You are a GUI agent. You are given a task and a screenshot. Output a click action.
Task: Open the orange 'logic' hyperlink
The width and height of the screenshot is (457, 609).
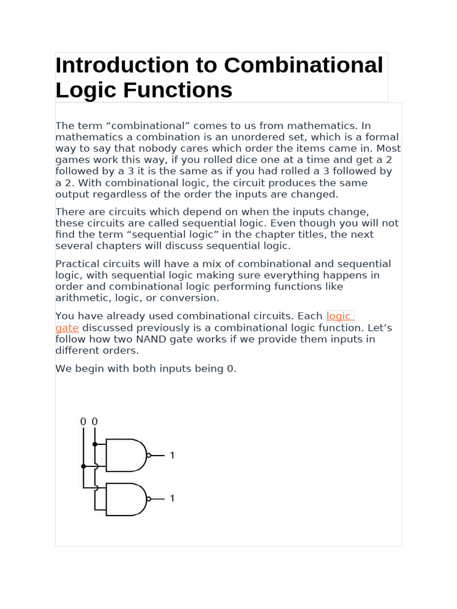[x=339, y=316]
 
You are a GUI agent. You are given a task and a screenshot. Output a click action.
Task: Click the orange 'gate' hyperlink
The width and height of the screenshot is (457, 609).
[x=67, y=328]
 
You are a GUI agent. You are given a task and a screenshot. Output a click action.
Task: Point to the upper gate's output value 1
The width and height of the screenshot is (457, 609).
[x=172, y=456]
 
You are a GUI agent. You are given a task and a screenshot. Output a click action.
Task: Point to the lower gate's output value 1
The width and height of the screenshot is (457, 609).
[x=172, y=498]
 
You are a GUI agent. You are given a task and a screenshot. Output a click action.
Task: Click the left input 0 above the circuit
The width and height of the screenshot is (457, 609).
[x=83, y=422]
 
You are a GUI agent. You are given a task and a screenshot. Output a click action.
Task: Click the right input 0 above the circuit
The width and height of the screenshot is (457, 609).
[x=95, y=422]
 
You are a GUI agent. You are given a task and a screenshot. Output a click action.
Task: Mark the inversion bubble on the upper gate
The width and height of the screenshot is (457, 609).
[x=149, y=456]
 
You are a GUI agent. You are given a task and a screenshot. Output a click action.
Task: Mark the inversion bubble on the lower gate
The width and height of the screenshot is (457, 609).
[x=149, y=498]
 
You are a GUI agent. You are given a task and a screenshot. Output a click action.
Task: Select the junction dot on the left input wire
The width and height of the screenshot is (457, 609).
[x=83, y=466]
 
